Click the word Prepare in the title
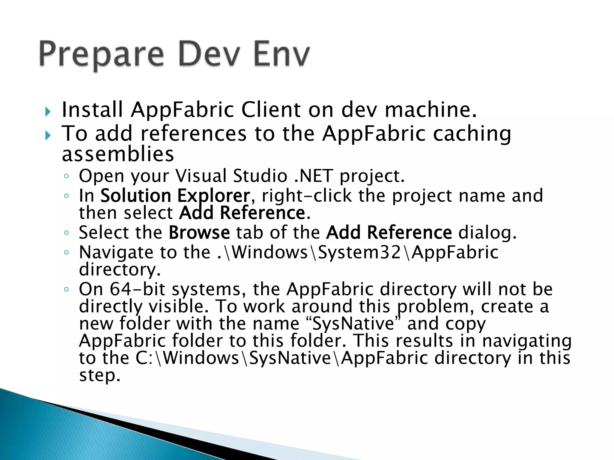point(101,55)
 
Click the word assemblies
point(118,155)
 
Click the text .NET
point(313,176)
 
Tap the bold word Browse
point(199,233)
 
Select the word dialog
point(487,233)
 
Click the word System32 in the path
point(359,252)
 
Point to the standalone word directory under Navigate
point(120,270)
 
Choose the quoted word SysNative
point(354,324)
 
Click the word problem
point(436,307)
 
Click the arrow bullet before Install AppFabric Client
point(48,112)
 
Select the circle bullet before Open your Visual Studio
point(67,176)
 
